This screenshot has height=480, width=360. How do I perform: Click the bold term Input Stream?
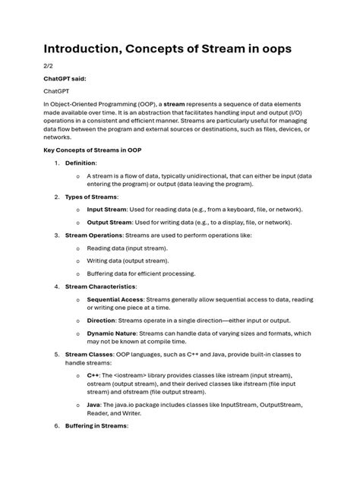[109, 209]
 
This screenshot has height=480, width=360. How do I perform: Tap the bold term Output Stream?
[111, 223]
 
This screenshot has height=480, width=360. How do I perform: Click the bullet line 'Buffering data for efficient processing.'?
[141, 273]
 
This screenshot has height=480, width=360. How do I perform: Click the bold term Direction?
[102, 321]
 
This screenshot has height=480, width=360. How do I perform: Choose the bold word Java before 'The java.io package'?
[94, 406]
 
